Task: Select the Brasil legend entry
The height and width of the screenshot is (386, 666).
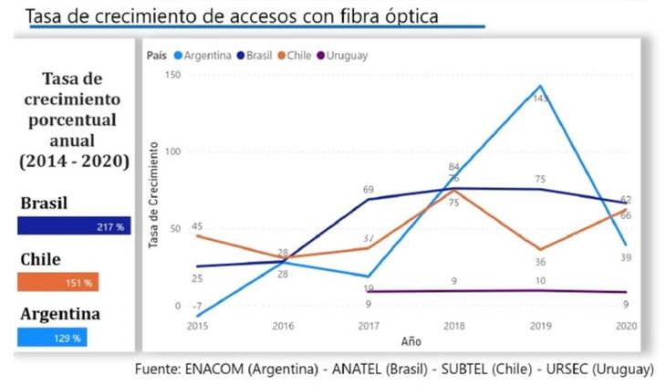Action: tap(256, 55)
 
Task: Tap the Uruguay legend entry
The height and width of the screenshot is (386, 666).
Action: tap(346, 55)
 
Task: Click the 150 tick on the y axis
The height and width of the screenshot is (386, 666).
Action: tap(172, 74)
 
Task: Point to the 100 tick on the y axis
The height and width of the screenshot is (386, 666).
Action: tap(172, 151)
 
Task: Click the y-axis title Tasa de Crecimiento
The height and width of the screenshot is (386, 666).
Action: tap(155, 195)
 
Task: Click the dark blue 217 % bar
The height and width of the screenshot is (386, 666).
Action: tap(74, 225)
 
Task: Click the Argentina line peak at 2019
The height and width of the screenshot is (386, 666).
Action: tap(541, 86)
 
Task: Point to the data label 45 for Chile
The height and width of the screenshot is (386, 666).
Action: tap(197, 226)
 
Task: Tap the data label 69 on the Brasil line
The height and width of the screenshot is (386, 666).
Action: tap(369, 189)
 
